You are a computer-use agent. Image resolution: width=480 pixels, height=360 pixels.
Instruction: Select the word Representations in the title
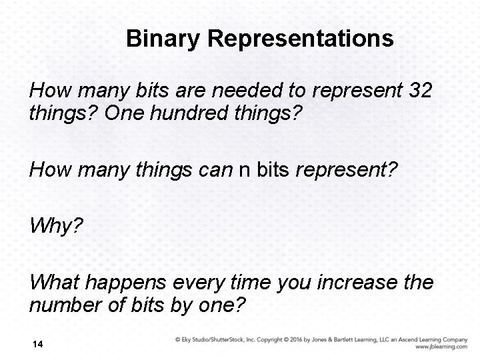301,39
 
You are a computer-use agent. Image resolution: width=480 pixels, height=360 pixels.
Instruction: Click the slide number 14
37,344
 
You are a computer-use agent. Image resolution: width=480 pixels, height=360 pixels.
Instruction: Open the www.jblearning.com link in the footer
441,347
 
